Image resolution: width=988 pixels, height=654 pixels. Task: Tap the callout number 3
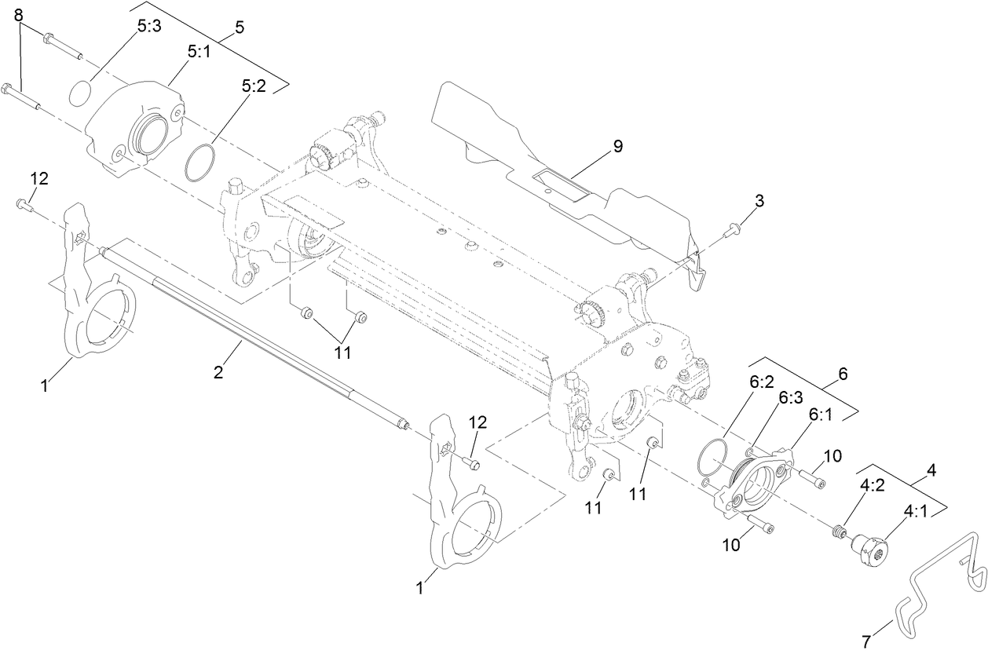click(759, 202)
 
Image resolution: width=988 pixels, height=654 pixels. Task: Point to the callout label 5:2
click(254, 88)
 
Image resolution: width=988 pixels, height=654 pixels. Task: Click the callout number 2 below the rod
click(219, 372)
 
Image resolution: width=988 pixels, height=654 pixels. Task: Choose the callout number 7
click(867, 641)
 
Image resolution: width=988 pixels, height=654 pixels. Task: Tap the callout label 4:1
click(915, 510)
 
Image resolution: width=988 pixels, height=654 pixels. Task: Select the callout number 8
click(19, 15)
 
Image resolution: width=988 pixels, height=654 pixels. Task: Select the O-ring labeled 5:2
click(199, 162)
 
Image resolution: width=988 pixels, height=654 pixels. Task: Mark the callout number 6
click(843, 374)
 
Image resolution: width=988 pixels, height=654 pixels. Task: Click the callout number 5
click(239, 27)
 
